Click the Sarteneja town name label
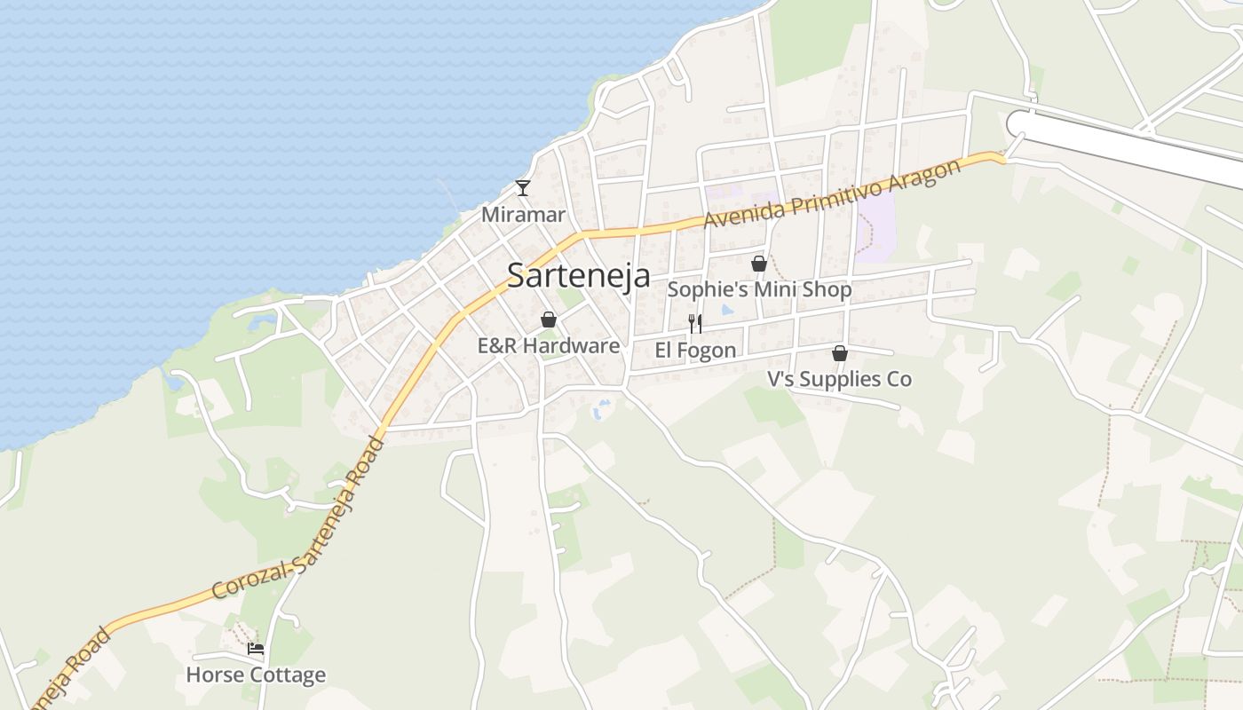pyautogui.click(x=578, y=275)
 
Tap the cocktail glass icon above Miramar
pyautogui.click(x=523, y=187)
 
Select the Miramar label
pyautogui.click(x=523, y=215)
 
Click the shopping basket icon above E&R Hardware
pyautogui.click(x=549, y=319)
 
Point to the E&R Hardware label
pyautogui.click(x=548, y=345)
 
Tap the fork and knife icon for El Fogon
pyautogui.click(x=695, y=323)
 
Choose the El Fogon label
pyautogui.click(x=695, y=351)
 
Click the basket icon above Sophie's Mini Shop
pyautogui.click(x=759, y=264)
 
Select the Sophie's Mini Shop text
pyautogui.click(x=759, y=289)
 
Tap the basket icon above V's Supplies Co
pyautogui.click(x=839, y=353)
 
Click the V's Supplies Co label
pyautogui.click(x=839, y=379)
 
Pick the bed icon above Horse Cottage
pyautogui.click(x=256, y=649)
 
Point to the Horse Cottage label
pyautogui.click(x=256, y=675)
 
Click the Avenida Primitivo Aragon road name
pyautogui.click(x=832, y=194)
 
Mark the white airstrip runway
pyautogui.click(x=1128, y=142)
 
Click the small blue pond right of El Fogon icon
pyautogui.click(x=727, y=312)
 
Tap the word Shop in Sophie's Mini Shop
pyautogui.click(x=827, y=289)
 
